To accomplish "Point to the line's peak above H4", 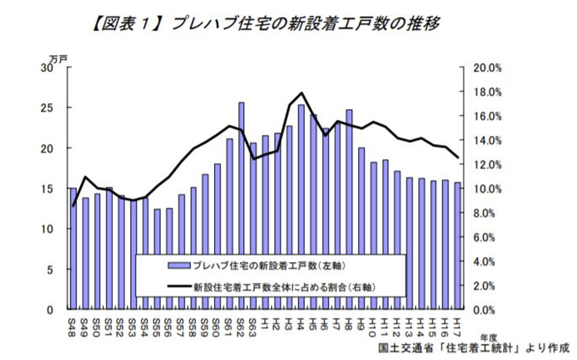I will tap(302, 93).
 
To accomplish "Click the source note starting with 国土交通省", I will tap(474, 349).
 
